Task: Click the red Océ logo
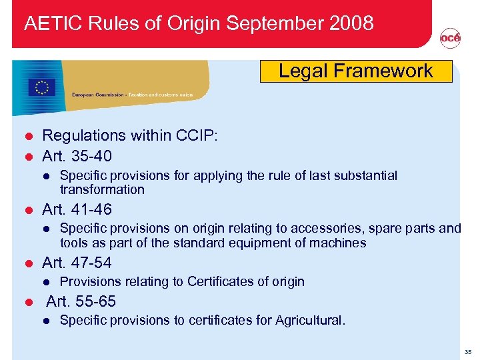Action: (x=450, y=39)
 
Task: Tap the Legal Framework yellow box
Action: (x=355, y=71)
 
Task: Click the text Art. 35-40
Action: (x=77, y=157)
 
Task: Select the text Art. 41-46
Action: (x=77, y=210)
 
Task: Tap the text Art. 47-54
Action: (x=77, y=262)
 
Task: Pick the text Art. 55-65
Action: (x=81, y=301)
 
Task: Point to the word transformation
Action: (x=102, y=189)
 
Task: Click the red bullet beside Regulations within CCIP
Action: (x=28, y=136)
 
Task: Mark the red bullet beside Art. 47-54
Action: (x=28, y=263)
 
